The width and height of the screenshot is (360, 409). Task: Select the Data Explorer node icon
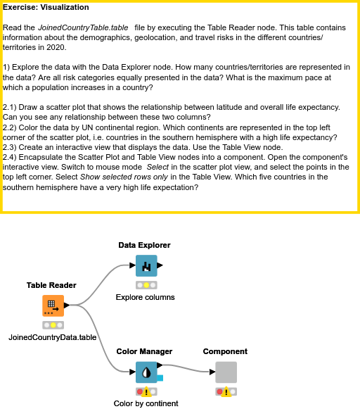pyautogui.click(x=146, y=266)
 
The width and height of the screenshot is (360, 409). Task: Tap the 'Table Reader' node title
pyautogui.click(x=51, y=285)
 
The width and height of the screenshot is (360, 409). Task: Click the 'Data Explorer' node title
pyautogui.click(x=144, y=245)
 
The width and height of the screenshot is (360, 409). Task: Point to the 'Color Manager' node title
pyautogui.click(x=144, y=351)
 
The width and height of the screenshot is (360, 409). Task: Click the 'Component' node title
pyautogui.click(x=225, y=351)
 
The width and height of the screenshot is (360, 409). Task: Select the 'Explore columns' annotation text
pyautogui.click(x=145, y=297)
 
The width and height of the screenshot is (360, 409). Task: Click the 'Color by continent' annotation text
pyautogui.click(x=146, y=403)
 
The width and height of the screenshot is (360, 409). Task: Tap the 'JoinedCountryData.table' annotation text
pyautogui.click(x=53, y=337)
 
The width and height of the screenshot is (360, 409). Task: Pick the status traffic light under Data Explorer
pyautogui.click(x=146, y=285)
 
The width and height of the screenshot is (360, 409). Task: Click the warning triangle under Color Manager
pyautogui.click(x=146, y=392)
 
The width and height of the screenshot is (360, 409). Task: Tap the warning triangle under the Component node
pyautogui.click(x=226, y=392)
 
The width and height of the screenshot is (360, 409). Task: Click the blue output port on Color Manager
pyautogui.click(x=160, y=379)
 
